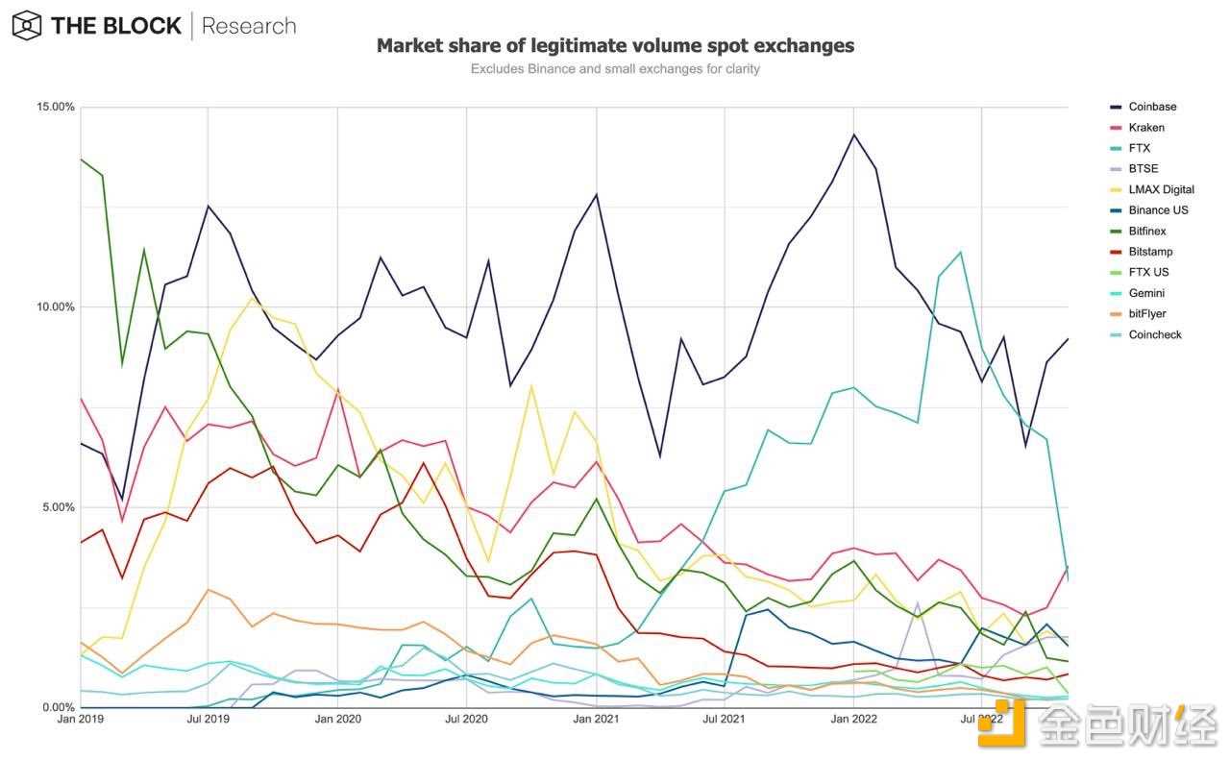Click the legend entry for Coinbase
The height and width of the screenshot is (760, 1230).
pyautogui.click(x=1152, y=107)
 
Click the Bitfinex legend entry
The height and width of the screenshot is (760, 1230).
pyautogui.click(x=1149, y=231)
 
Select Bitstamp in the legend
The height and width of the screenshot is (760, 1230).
pyautogui.click(x=1150, y=252)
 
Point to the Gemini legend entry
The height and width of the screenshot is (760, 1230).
pyautogui.click(x=1147, y=293)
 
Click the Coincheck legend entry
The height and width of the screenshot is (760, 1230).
pyautogui.click(x=1155, y=334)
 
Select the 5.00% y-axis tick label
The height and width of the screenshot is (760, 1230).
pyautogui.click(x=55, y=507)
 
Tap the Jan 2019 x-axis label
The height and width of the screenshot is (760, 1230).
pyautogui.click(x=81, y=719)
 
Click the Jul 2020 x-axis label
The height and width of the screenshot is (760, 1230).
pyautogui.click(x=466, y=719)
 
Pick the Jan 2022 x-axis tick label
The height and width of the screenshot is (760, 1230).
pyautogui.click(x=853, y=719)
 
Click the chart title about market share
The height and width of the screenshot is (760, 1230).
pyautogui.click(x=615, y=45)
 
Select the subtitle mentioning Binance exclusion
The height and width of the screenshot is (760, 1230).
pyautogui.click(x=615, y=69)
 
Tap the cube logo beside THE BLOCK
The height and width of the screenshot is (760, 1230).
pyautogui.click(x=26, y=26)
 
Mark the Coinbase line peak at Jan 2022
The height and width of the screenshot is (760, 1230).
pyautogui.click(x=853, y=135)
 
